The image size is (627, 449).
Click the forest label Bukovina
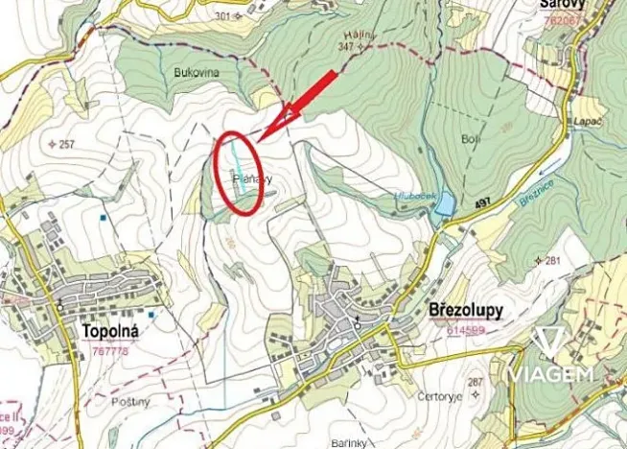point(197,72)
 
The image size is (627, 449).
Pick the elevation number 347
point(346,46)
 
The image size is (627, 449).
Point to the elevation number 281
point(551,261)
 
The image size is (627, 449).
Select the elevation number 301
point(224,16)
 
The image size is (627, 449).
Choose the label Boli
point(470,140)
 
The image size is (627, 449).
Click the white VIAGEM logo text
point(550,373)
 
